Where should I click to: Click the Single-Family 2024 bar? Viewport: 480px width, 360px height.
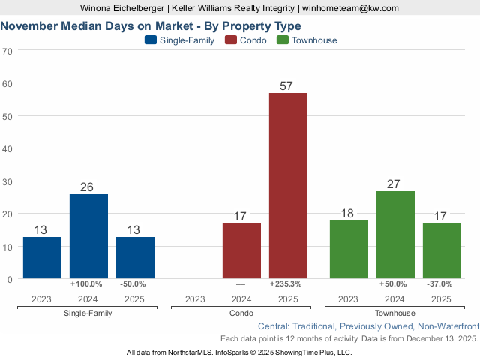pyautogui.click(x=88, y=236)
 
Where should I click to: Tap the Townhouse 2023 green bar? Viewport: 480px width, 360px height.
pyautogui.click(x=349, y=249)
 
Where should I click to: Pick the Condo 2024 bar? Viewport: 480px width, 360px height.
pyautogui.click(x=241, y=250)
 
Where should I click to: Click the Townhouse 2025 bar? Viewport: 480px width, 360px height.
pyautogui.click(x=442, y=250)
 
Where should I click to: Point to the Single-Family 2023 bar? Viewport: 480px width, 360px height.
pyautogui.click(x=42, y=257)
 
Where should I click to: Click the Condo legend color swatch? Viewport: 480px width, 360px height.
pyautogui.click(x=230, y=40)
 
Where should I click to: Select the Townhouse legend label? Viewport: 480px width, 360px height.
pyautogui.click(x=314, y=40)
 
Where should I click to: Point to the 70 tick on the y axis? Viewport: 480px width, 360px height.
pyautogui.click(x=7, y=52)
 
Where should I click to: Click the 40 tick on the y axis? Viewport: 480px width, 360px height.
pyautogui.click(x=7, y=148)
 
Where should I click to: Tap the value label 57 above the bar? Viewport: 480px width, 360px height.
pyautogui.click(x=286, y=86)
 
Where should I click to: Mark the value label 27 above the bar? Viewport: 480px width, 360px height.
pyautogui.click(x=395, y=184)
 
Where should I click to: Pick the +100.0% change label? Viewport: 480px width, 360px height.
pyautogui.click(x=88, y=284)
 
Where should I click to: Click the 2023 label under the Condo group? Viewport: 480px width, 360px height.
pyautogui.click(x=195, y=298)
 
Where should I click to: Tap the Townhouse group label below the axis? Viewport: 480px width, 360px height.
pyautogui.click(x=394, y=313)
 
